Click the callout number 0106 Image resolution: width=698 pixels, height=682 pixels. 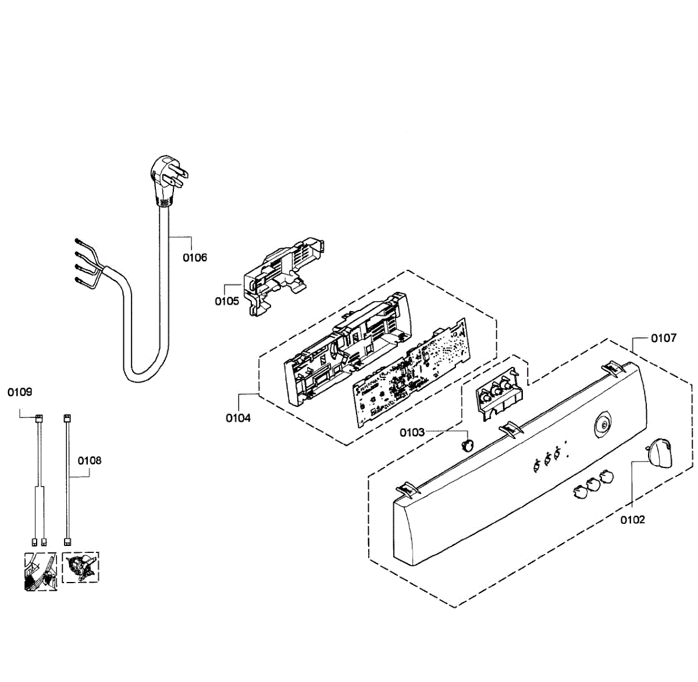point(195,258)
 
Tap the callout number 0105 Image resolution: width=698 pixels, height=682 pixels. point(227,301)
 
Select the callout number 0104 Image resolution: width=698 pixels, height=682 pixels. point(238,418)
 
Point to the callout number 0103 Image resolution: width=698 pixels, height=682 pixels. point(412,433)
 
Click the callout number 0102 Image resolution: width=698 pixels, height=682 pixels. point(632,520)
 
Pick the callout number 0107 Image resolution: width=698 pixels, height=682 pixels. point(663,338)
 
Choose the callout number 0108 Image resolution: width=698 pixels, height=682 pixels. point(90,460)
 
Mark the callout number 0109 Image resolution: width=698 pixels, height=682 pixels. point(20,392)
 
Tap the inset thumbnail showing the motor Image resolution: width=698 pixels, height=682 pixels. point(80,567)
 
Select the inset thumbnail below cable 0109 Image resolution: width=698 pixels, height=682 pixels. point(40,571)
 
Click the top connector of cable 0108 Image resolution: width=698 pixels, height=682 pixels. point(67,419)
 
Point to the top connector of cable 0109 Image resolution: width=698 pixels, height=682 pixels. point(39,419)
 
